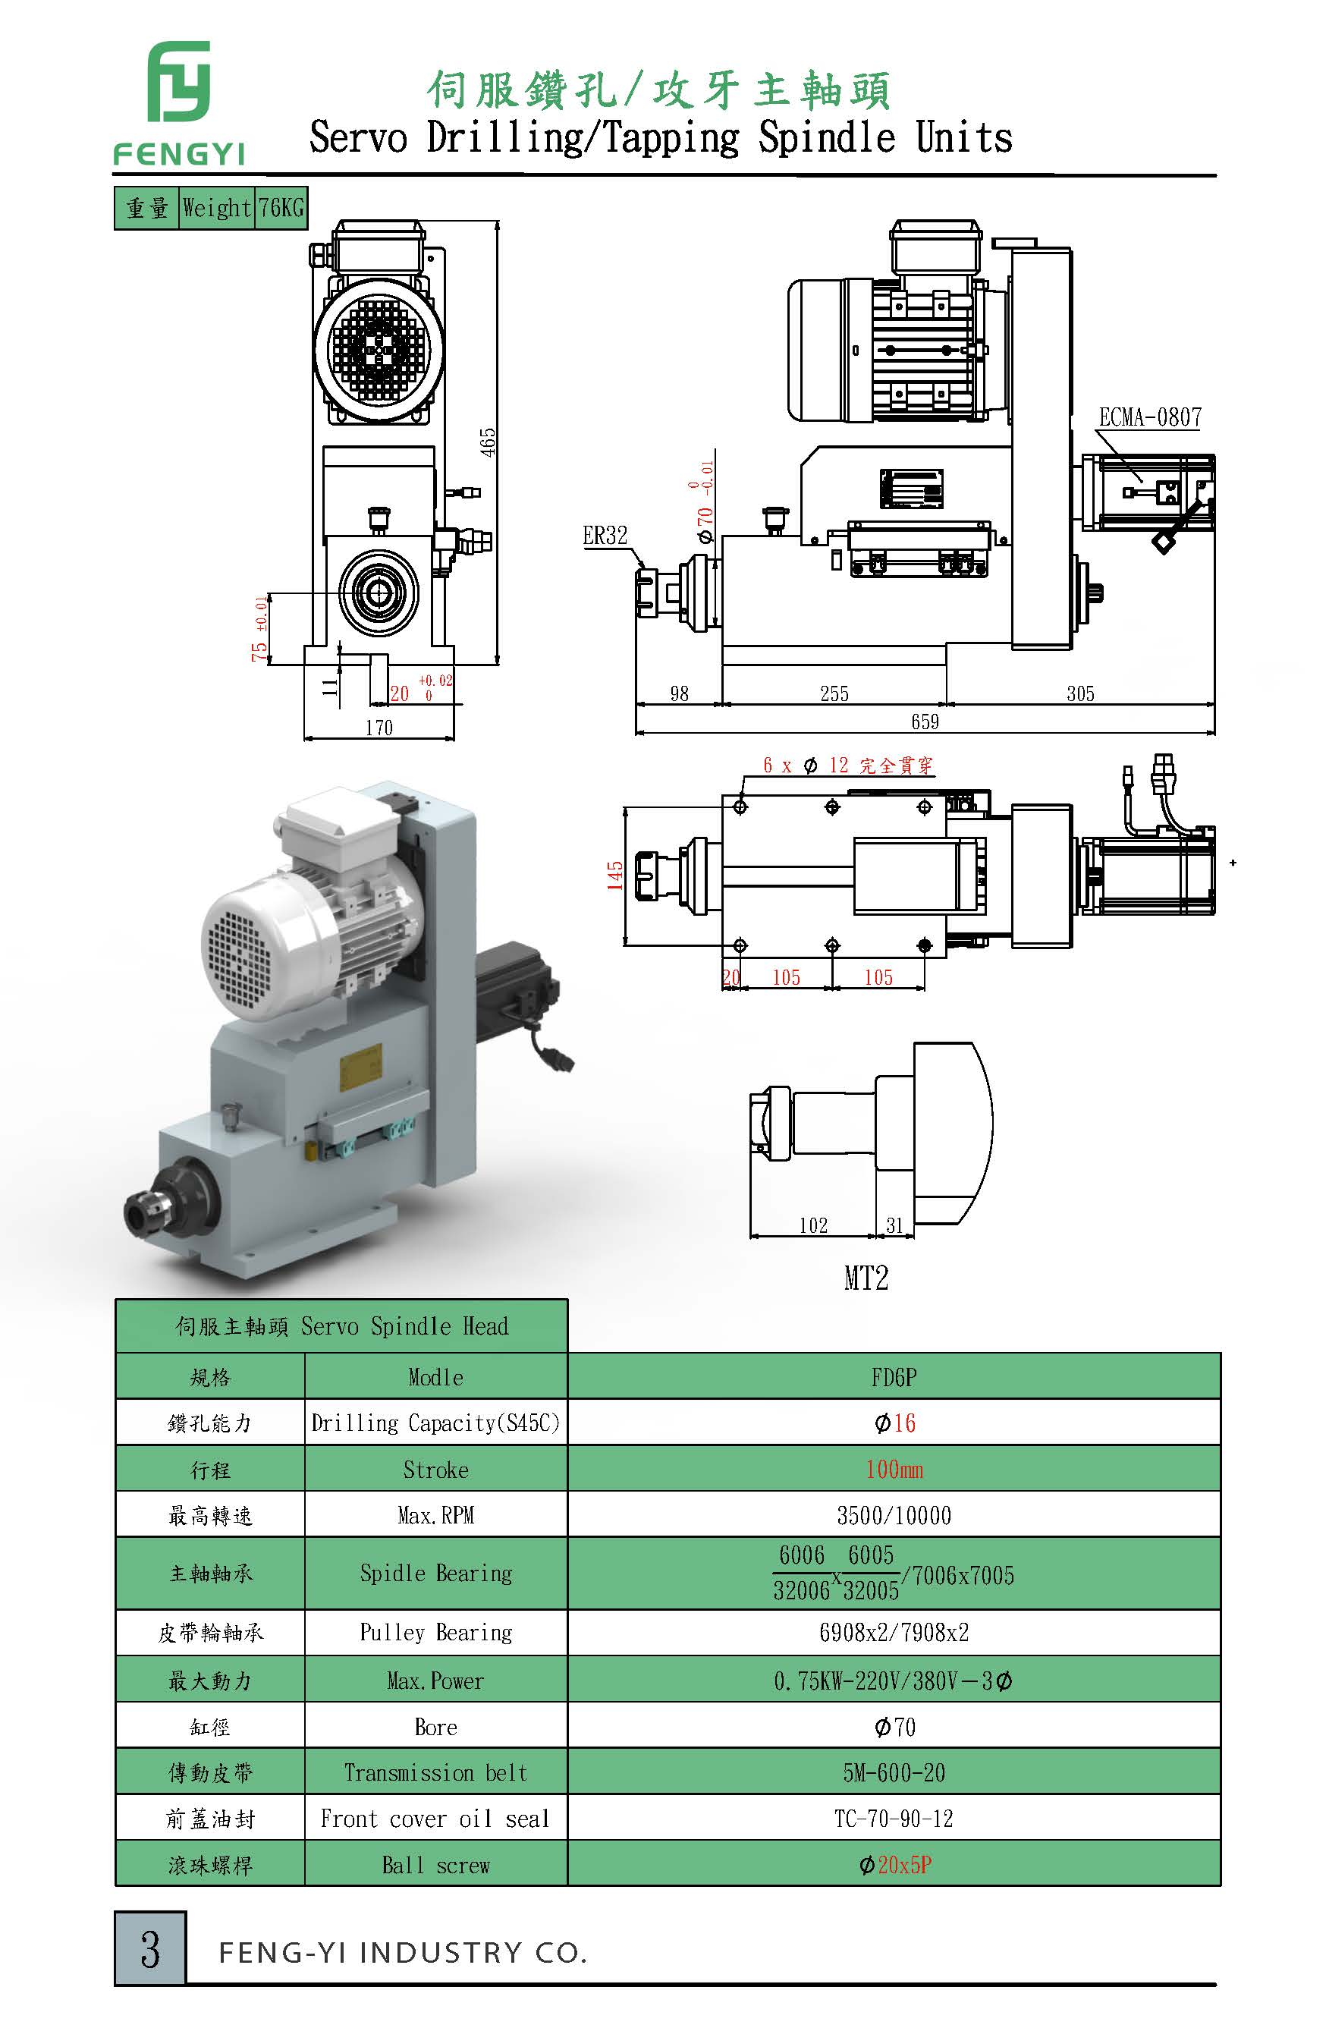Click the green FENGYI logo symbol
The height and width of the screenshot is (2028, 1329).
pyautogui.click(x=179, y=82)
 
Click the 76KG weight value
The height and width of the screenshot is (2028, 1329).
pyautogui.click(x=281, y=208)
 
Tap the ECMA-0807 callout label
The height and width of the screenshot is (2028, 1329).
pyautogui.click(x=1149, y=417)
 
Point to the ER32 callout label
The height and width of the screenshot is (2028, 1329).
pyautogui.click(x=605, y=535)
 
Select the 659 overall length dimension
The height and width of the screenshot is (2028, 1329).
pyautogui.click(x=925, y=722)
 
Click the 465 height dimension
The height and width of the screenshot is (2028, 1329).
pyautogui.click(x=487, y=442)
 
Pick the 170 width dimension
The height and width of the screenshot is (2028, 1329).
pyautogui.click(x=379, y=728)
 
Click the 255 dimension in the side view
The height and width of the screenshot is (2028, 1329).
pyautogui.click(x=834, y=693)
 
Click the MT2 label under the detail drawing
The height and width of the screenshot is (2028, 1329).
pyautogui.click(x=866, y=1278)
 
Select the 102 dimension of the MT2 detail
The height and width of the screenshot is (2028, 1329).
pyautogui.click(x=812, y=1225)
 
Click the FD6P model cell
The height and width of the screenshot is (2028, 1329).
pyautogui.click(x=894, y=1377)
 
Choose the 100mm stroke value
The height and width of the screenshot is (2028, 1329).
pyautogui.click(x=894, y=1469)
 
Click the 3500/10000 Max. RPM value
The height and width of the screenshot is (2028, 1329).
pyautogui.click(x=894, y=1515)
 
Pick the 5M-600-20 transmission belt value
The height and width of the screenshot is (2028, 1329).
pyautogui.click(x=894, y=1772)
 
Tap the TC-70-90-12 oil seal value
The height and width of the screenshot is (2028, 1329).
pyautogui.click(x=894, y=1819)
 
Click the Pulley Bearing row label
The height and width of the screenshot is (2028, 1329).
pyautogui.click(x=435, y=1633)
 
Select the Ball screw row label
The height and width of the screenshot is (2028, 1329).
pyautogui.click(x=435, y=1865)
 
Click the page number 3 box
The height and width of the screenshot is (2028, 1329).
pyautogui.click(x=150, y=1949)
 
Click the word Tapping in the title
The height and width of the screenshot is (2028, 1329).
pyautogui.click(x=671, y=138)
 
